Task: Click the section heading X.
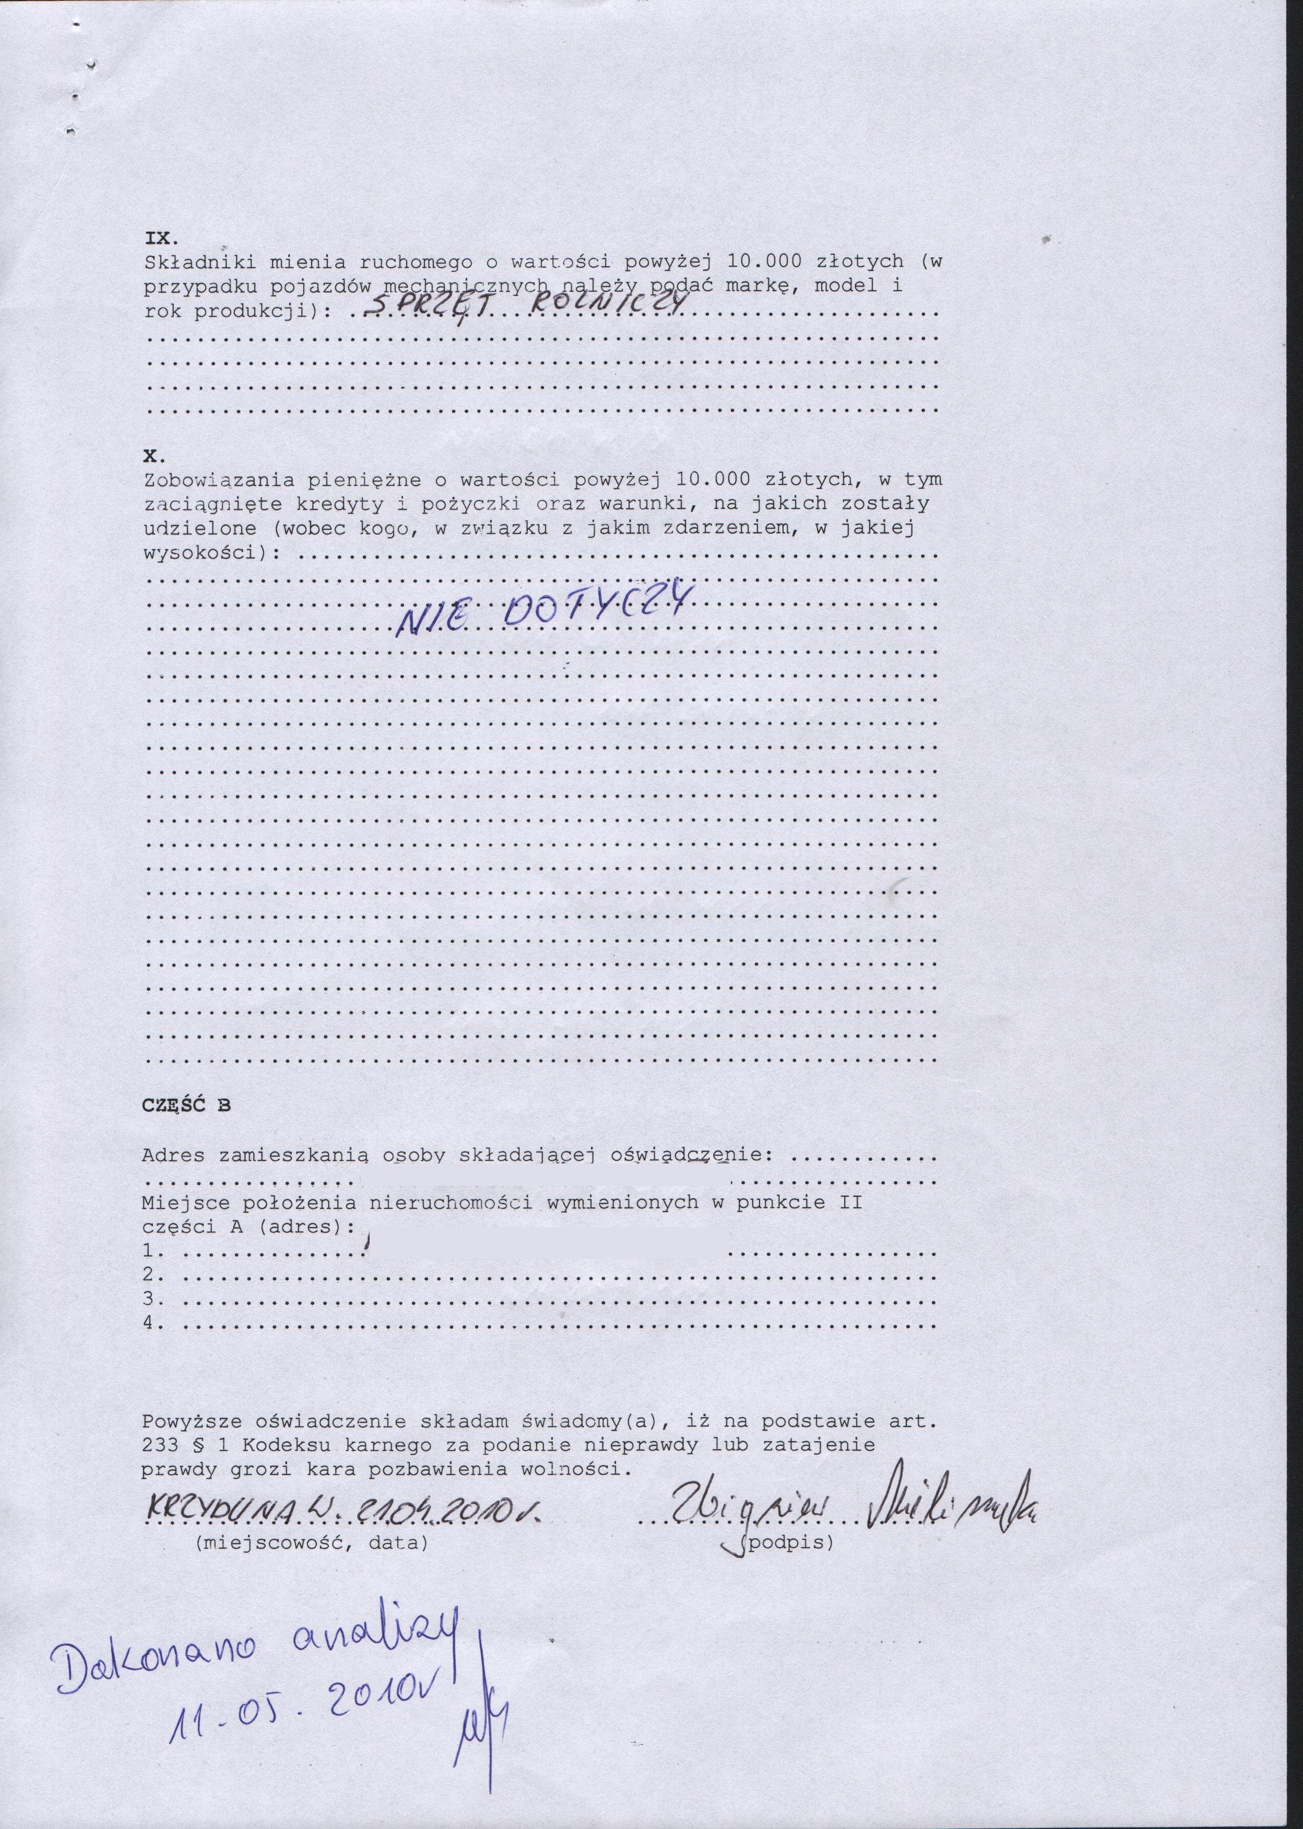[154, 456]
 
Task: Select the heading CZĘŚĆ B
[186, 1104]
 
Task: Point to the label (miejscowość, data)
[311, 1542]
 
